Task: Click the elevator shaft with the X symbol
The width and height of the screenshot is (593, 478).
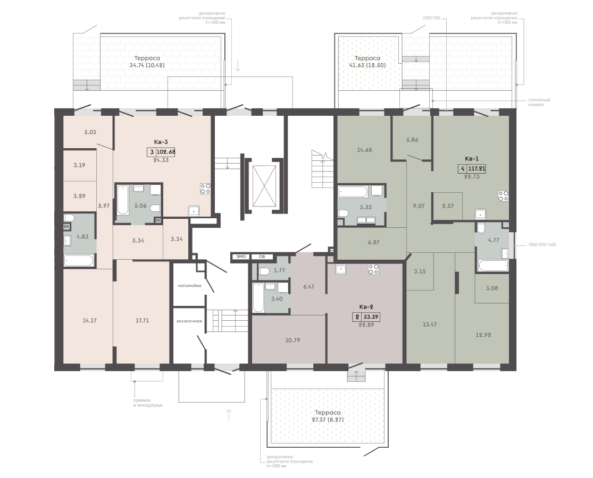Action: pos(264,186)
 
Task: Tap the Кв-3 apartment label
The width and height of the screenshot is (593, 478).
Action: pos(161,142)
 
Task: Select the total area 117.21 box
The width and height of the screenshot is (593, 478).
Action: pos(477,169)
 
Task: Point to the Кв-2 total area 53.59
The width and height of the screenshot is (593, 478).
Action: pos(371,317)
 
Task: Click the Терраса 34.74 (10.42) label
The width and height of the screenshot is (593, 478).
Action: pos(147,62)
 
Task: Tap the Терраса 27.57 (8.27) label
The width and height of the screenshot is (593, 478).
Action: pos(328,416)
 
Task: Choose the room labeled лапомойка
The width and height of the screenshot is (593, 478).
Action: pos(189,286)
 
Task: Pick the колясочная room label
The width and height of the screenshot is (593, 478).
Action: pos(189,321)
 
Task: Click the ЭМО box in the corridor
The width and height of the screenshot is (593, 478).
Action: pos(241,257)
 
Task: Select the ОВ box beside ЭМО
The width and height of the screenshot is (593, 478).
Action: pos(262,257)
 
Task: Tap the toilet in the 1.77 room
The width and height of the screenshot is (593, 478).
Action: pos(264,271)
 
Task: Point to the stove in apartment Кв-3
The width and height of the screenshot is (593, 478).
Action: pos(205,189)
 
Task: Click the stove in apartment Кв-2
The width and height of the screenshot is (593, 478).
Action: pos(374,269)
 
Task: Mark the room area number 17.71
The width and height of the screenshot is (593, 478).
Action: pos(142,320)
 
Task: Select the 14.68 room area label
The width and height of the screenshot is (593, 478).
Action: pos(364,150)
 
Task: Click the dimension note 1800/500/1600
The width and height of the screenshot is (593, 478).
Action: pos(542,245)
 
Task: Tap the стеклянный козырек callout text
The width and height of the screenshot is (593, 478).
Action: pos(539,103)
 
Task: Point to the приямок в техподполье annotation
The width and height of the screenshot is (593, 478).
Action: pos(147,403)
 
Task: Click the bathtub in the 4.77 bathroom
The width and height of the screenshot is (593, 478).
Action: pos(493,266)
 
